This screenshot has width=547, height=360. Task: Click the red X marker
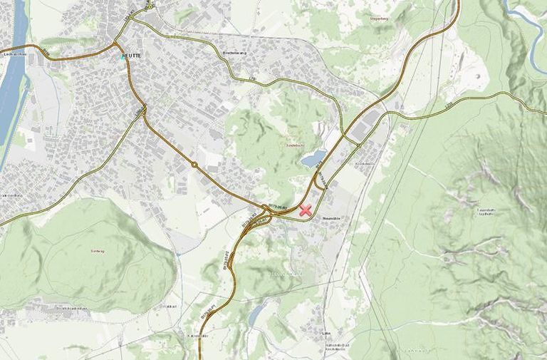tap(306, 210)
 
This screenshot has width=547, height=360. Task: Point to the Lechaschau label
tap(14, 55)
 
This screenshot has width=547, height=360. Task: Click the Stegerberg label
tap(378, 18)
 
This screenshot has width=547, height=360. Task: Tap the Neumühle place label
tap(334, 218)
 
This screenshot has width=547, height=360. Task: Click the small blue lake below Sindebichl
tap(313, 158)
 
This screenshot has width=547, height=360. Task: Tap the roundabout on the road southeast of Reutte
tap(194, 165)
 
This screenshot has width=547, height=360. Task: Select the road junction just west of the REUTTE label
tap(116, 48)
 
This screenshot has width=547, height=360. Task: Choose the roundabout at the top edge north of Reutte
tap(150, 6)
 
